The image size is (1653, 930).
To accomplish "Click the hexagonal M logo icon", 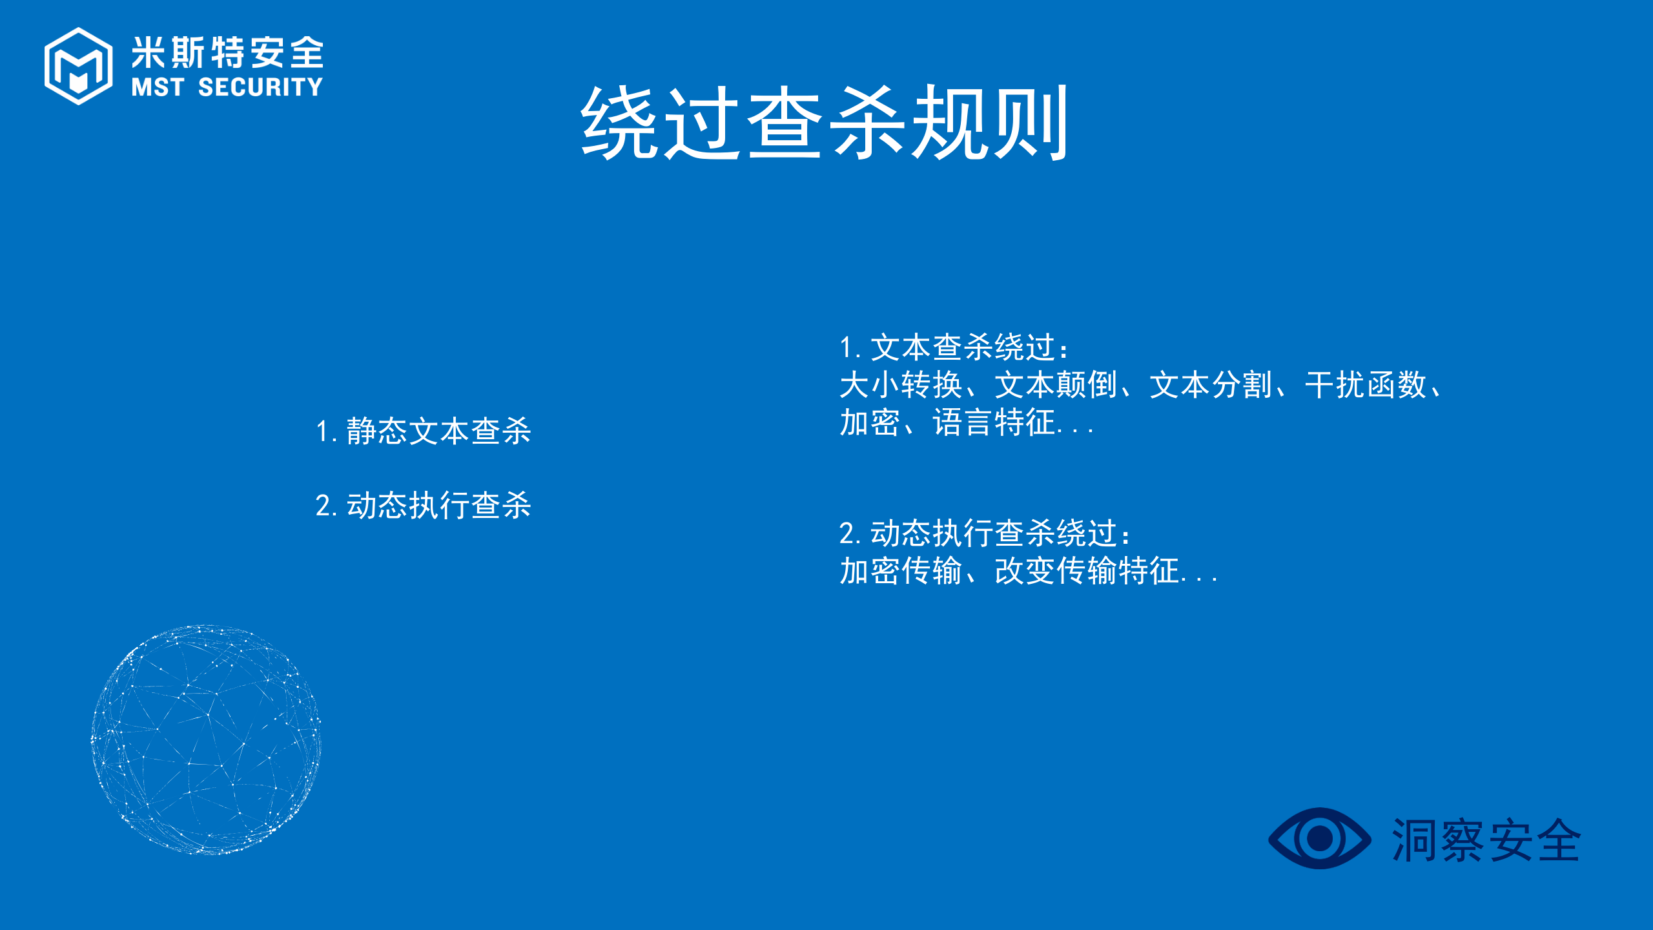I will [78, 66].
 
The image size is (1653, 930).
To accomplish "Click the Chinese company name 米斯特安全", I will [227, 52].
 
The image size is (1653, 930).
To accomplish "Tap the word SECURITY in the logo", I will [260, 87].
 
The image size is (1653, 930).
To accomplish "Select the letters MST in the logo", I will [158, 87].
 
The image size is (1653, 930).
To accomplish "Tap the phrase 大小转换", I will [900, 385].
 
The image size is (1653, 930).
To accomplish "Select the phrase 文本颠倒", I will [1056, 385].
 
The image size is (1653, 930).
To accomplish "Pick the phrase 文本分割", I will [1211, 385].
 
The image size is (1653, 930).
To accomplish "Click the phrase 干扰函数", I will [1366, 385].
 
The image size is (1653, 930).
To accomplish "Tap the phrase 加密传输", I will [900, 571].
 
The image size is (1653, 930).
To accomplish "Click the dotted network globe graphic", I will [206, 739].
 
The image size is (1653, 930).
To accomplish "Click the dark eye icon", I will [1319, 838].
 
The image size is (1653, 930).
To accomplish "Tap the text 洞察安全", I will [1486, 840].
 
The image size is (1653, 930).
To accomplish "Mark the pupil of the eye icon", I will [1319, 839].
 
